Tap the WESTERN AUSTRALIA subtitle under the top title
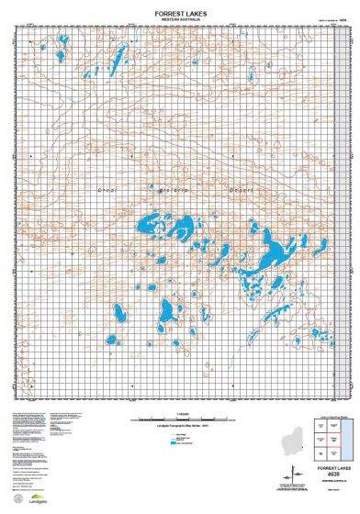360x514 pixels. (180, 20)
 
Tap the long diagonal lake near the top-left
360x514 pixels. (118, 63)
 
